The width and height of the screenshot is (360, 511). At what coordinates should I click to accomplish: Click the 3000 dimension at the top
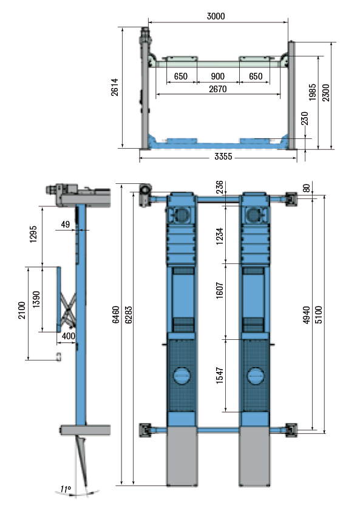(x=216, y=16)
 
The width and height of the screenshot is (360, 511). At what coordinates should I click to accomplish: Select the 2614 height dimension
(x=115, y=87)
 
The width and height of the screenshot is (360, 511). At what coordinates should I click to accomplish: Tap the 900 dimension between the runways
(x=217, y=76)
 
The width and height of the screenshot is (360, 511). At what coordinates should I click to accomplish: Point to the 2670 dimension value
(x=218, y=89)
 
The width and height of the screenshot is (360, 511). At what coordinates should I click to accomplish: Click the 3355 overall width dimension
(x=223, y=157)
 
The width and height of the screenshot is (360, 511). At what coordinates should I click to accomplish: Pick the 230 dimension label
(x=305, y=118)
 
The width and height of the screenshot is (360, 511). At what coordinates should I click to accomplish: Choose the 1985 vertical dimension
(x=313, y=92)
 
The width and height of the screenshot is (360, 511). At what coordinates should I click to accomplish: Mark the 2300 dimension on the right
(x=326, y=93)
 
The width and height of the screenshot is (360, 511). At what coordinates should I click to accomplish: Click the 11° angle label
(x=65, y=489)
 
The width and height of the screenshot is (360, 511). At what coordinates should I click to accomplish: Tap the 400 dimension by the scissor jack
(x=69, y=336)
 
